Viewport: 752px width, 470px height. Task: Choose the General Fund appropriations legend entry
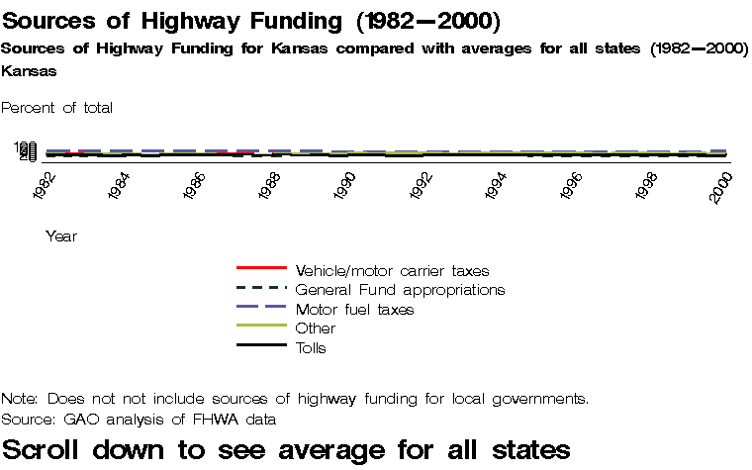[x=400, y=289]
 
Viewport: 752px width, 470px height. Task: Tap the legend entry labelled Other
[x=316, y=328]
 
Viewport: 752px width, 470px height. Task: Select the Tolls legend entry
[x=311, y=347]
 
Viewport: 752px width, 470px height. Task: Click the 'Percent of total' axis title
[x=57, y=107]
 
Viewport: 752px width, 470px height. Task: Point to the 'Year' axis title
[x=61, y=236]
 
